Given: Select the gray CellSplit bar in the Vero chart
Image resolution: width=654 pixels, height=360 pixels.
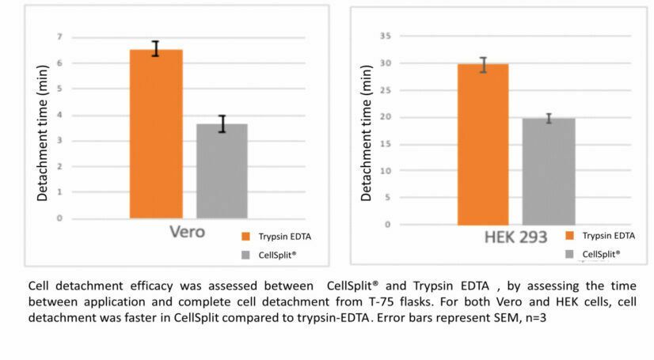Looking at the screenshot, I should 222,170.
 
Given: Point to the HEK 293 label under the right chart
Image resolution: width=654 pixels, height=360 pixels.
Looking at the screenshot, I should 515,237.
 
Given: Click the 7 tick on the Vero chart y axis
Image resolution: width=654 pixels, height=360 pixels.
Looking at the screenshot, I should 59,37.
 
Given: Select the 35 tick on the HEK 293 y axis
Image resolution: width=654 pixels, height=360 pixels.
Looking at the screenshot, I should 386,36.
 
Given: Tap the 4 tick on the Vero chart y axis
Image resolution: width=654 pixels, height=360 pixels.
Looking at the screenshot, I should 59,115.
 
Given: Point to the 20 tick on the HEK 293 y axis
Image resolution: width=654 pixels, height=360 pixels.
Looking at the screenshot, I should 386,117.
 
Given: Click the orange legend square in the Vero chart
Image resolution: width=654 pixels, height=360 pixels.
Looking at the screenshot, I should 245,236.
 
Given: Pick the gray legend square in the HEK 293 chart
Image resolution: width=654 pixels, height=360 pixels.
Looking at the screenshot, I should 570,254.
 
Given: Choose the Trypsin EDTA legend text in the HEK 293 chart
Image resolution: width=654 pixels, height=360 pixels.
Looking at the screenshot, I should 608,235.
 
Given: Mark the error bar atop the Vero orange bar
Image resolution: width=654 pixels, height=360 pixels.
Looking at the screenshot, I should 156,48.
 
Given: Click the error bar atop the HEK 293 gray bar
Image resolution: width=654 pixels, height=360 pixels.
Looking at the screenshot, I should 549,118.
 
